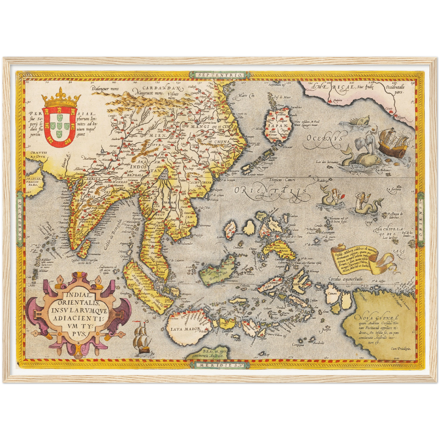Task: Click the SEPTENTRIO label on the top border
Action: click(219, 75)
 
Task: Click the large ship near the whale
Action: click(392, 140)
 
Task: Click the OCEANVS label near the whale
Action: click(324, 139)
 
